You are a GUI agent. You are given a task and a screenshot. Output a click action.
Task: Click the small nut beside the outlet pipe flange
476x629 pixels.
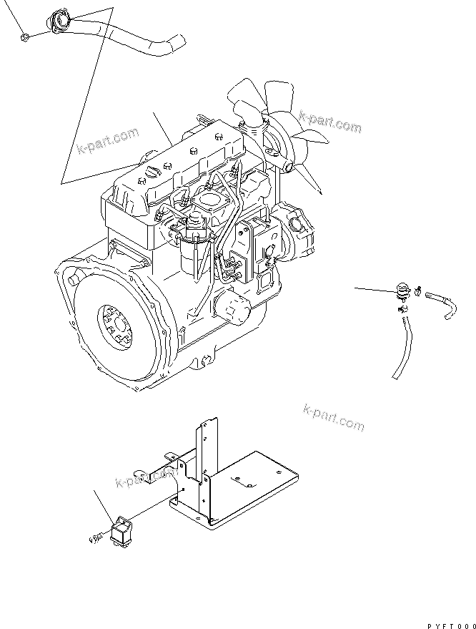(x=25, y=38)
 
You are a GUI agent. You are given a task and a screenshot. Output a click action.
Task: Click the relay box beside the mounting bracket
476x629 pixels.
(x=121, y=531)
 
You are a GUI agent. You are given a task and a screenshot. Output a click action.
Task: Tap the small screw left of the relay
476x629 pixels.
(x=96, y=536)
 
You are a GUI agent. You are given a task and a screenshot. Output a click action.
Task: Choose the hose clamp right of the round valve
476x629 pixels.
(x=417, y=291)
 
